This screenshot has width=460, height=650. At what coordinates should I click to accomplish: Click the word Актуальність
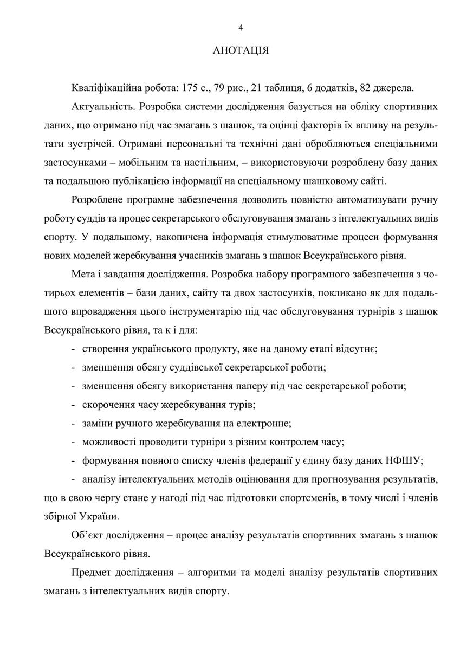99,105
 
